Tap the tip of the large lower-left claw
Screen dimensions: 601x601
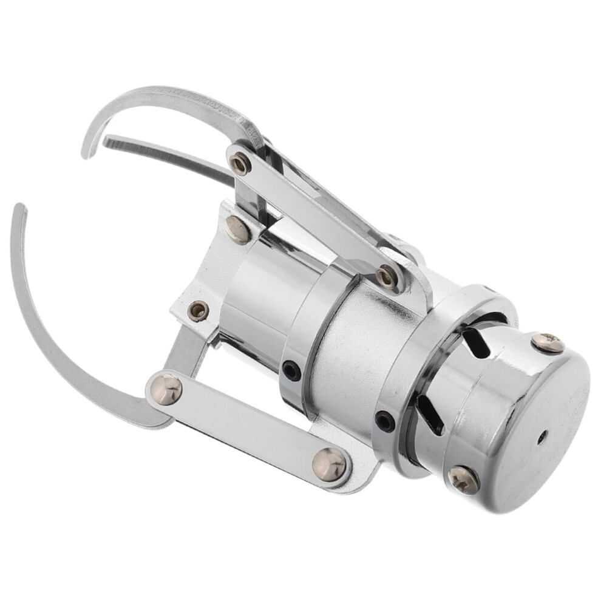tap(19, 208)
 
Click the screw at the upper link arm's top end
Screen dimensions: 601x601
tap(240, 163)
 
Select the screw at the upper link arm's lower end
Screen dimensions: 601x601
tap(386, 277)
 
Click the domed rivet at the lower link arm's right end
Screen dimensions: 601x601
tap(330, 464)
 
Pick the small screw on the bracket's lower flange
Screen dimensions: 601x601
tap(197, 311)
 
